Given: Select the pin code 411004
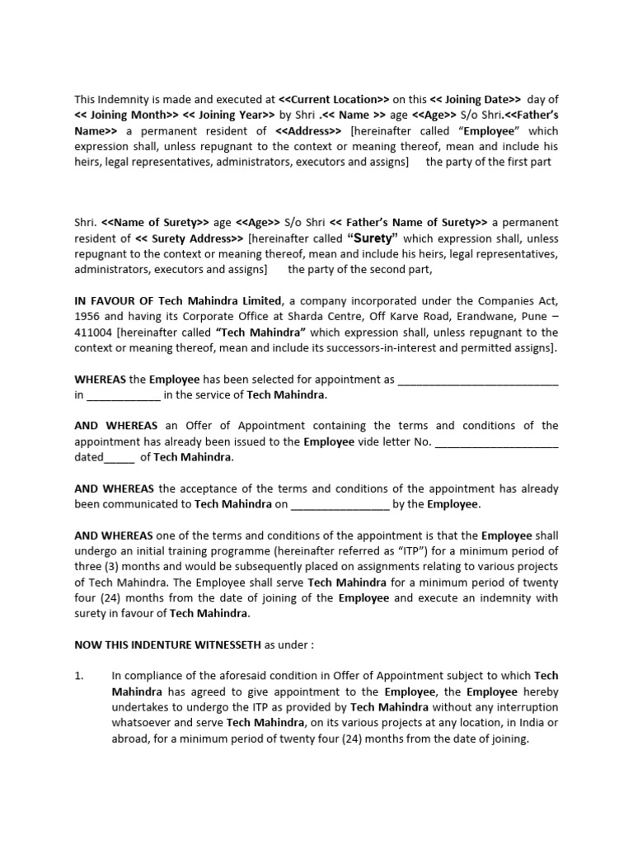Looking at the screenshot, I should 94,332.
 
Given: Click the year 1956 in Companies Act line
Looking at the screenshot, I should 88,316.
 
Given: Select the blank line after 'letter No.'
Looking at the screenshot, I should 495,441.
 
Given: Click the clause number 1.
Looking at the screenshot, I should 79,676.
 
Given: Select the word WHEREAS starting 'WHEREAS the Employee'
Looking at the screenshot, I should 100,379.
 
